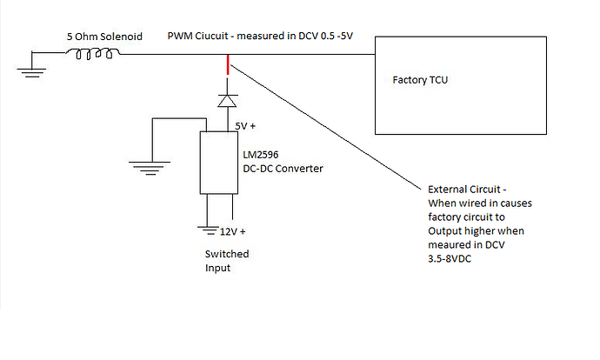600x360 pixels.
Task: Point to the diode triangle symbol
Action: (227, 101)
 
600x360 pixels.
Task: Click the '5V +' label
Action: (245, 126)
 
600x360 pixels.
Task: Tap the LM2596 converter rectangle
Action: (218, 162)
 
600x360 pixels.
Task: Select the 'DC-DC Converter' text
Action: (283, 168)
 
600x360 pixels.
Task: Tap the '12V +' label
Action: (232, 231)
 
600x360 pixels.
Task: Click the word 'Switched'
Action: (227, 254)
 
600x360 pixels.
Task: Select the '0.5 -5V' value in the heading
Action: (355, 38)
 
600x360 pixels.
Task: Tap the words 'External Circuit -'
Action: (467, 189)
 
